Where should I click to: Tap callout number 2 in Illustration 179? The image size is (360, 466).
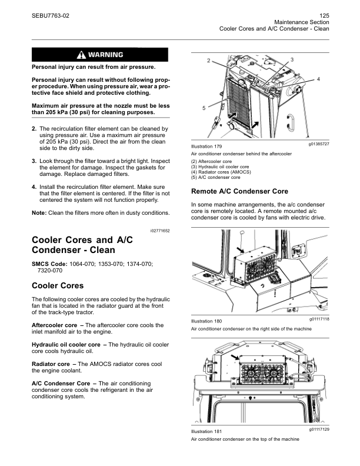coord(209,61)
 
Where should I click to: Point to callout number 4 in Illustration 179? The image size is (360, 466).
coord(318,78)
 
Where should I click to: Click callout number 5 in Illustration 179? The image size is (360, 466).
coord(204,108)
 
